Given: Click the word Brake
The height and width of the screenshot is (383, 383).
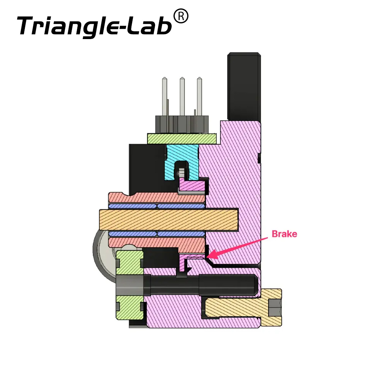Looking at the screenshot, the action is coord(284,234).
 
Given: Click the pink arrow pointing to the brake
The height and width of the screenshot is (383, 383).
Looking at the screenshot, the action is coord(237,248).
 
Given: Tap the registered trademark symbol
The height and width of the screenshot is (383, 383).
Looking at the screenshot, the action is coord(181,16).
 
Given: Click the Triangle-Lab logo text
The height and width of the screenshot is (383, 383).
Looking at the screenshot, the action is coord(94,26).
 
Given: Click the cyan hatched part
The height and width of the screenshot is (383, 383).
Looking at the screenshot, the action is coord(182,161).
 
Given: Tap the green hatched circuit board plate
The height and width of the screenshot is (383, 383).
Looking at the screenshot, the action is coord(182,139).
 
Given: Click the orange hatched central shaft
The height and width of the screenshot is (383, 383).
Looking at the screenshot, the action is coord(169,219).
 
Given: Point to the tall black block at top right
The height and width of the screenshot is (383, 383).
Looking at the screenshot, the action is coord(244,86).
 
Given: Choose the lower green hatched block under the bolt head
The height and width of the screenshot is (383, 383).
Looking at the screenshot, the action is coord(129,307).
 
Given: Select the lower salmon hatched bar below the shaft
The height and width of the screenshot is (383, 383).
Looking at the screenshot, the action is coord(156,243).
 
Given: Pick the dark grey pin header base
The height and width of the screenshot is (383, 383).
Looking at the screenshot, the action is coord(182,124).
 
